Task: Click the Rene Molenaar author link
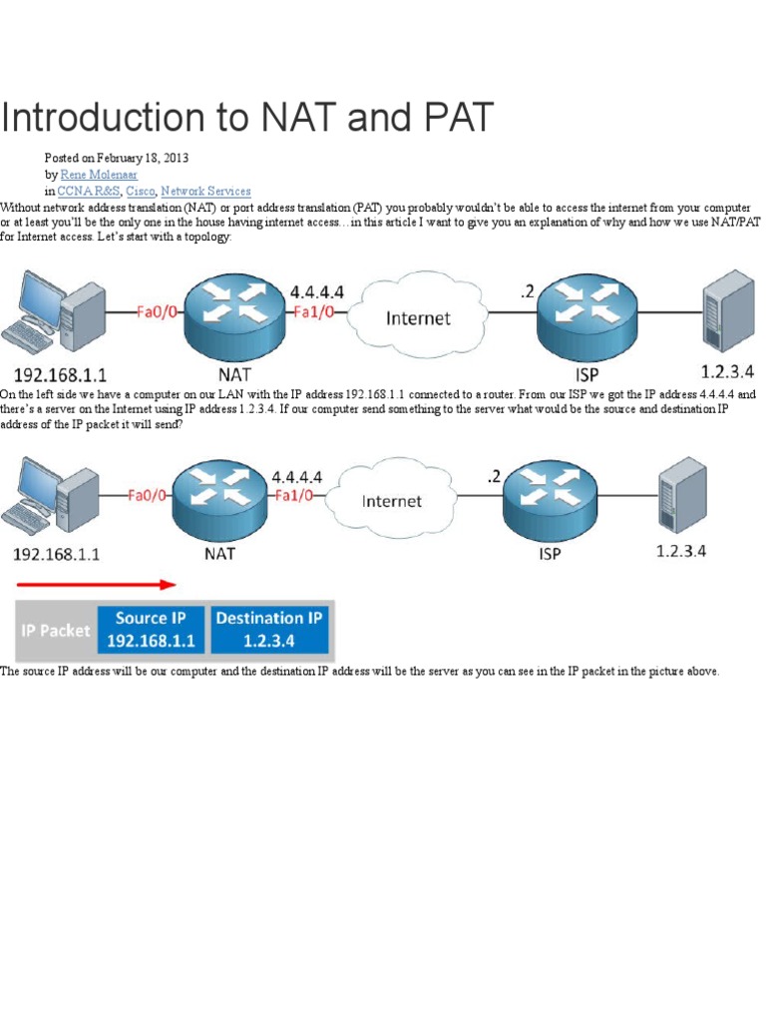click(101, 174)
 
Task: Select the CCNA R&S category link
click(87, 190)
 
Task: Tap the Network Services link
click(205, 190)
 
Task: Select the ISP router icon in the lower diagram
click(539, 490)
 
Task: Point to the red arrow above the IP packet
click(96, 585)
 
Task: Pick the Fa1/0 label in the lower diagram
click(297, 493)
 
